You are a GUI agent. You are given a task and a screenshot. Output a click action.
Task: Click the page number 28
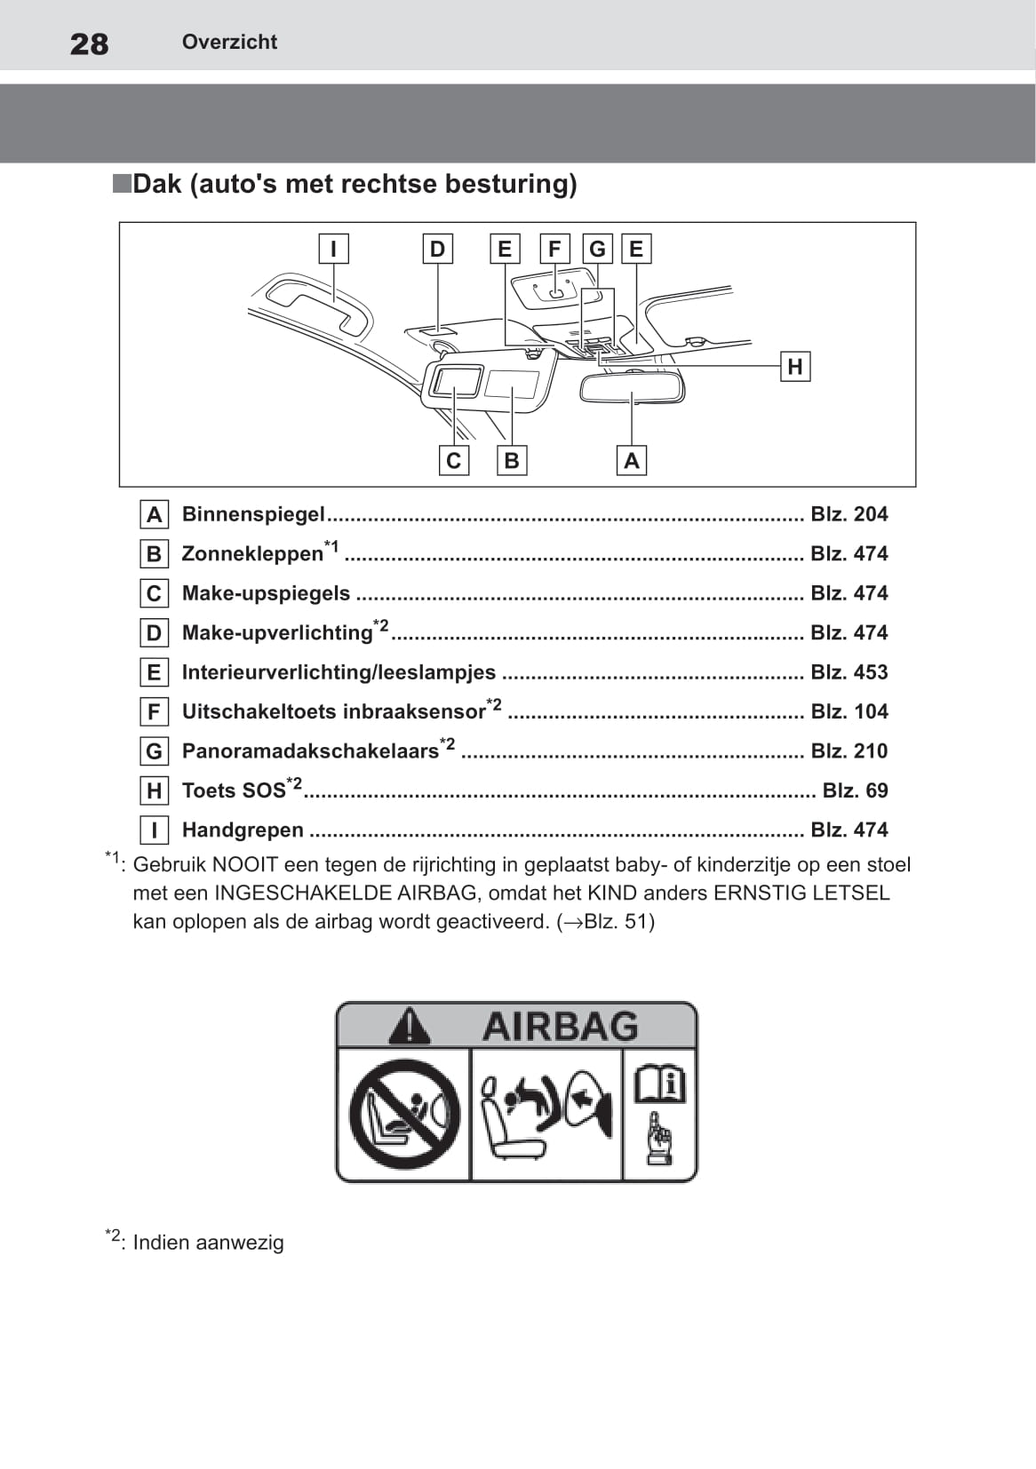[89, 44]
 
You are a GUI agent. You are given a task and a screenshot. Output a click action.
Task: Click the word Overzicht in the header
[229, 42]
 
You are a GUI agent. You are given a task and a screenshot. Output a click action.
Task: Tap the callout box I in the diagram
[333, 249]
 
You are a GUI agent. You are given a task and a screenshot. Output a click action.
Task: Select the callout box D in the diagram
[437, 249]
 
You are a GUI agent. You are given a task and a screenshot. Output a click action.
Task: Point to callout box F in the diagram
[554, 249]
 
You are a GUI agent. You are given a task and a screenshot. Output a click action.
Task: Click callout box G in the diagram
[597, 249]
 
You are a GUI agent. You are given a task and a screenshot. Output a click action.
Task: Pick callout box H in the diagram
[794, 366]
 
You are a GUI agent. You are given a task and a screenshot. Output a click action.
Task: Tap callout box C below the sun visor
[453, 460]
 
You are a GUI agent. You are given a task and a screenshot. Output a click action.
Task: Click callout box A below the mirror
[632, 460]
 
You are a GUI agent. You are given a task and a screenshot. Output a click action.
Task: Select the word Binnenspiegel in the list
[253, 514]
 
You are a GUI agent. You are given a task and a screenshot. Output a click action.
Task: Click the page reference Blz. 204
[849, 514]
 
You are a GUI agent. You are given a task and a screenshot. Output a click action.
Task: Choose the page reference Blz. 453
[849, 672]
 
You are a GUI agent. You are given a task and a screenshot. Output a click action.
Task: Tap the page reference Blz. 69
[855, 790]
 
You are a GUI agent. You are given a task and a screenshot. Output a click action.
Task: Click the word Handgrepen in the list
[243, 830]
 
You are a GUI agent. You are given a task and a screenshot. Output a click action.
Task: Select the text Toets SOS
[234, 790]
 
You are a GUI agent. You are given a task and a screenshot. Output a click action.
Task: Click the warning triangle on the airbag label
[409, 1026]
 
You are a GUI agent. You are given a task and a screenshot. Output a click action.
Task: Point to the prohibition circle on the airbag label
[404, 1114]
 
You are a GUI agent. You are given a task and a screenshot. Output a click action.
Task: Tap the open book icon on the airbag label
[658, 1084]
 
